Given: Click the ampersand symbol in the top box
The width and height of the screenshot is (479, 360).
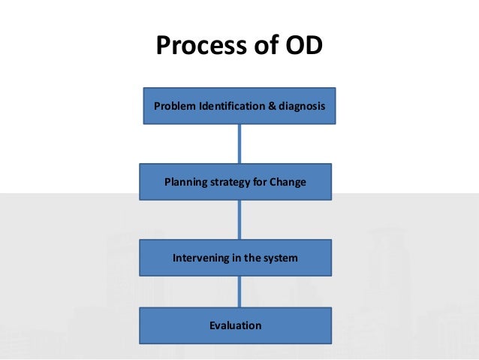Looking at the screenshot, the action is [272, 106].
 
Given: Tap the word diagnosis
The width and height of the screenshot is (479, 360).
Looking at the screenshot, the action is [301, 106].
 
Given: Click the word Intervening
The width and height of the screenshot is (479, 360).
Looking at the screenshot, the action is [199, 258].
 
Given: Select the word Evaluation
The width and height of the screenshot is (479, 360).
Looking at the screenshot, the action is [236, 325].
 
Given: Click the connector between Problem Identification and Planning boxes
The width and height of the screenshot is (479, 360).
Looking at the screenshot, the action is [239, 144].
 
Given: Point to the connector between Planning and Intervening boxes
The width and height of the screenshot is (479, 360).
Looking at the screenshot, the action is [239, 219].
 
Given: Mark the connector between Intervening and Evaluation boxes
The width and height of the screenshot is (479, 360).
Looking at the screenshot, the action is [239, 292].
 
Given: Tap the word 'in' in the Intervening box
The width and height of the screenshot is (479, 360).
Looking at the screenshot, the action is [236, 258].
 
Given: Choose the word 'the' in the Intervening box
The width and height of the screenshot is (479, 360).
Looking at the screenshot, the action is [252, 258].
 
